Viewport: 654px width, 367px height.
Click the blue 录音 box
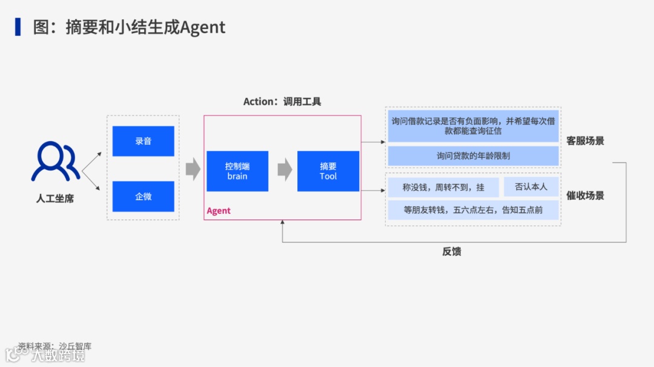[143, 141]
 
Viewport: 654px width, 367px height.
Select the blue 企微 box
[143, 196]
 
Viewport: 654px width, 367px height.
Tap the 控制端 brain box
[237, 171]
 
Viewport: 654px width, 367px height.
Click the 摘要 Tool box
[328, 171]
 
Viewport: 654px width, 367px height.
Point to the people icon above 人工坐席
[55, 161]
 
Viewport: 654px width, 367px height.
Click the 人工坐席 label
[55, 198]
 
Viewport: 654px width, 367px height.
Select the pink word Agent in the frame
[219, 211]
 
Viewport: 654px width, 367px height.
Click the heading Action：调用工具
[282, 102]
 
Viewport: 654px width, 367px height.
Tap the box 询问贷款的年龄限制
[473, 156]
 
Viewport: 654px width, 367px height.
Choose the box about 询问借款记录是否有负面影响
[473, 126]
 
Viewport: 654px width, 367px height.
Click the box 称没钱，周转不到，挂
[443, 187]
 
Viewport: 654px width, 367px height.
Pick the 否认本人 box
[531, 187]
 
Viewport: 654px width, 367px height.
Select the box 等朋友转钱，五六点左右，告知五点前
[473, 210]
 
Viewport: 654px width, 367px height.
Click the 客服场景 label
[585, 141]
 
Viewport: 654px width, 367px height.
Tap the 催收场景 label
[585, 195]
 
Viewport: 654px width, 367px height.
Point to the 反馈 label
[452, 252]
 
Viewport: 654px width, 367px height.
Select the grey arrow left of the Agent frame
[193, 169]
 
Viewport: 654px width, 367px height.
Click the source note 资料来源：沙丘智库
[54, 346]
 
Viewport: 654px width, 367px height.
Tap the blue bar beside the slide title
[18, 27]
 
